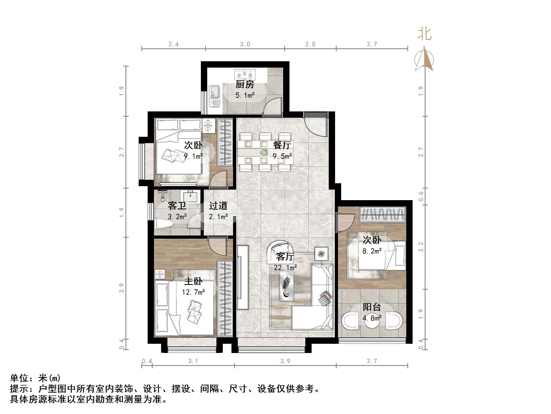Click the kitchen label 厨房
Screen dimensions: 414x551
(x=245, y=84)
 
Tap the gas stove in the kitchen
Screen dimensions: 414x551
(x=245, y=74)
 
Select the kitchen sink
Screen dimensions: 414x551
(x=214, y=96)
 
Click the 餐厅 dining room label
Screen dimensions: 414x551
(x=282, y=145)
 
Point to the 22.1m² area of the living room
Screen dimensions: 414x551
(x=285, y=268)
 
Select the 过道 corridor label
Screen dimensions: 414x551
(x=218, y=206)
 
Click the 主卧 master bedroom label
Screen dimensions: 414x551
(x=193, y=281)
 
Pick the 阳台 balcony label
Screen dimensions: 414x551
(x=372, y=307)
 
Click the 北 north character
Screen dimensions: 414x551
(x=424, y=34)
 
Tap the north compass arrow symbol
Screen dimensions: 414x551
(x=424, y=59)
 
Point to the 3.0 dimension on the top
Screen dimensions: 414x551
(x=245, y=44)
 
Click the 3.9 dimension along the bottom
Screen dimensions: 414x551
(x=285, y=361)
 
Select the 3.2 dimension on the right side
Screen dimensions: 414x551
(x=421, y=247)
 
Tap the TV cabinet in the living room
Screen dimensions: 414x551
(x=243, y=277)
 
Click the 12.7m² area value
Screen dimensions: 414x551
(x=193, y=292)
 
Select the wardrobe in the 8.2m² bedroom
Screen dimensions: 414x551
(x=382, y=214)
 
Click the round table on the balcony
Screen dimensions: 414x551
(x=372, y=321)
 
